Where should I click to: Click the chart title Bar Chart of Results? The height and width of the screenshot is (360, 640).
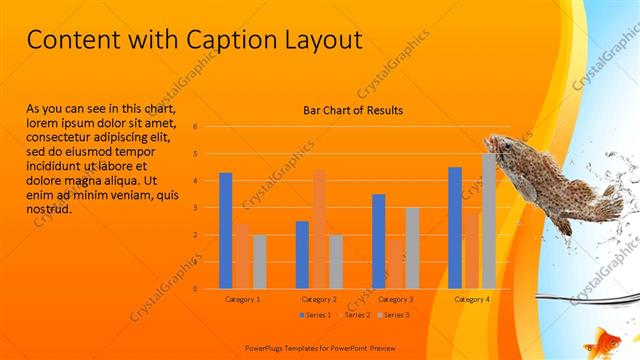[353, 110]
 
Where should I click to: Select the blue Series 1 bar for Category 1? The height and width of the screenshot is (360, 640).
[226, 230]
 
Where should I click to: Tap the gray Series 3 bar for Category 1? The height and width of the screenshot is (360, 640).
[260, 261]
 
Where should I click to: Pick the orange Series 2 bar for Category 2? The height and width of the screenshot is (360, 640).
[319, 228]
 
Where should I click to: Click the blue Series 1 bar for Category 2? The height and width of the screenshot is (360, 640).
[302, 254]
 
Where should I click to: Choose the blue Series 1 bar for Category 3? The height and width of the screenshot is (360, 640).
[378, 241]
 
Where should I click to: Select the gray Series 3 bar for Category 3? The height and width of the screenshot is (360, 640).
[412, 247]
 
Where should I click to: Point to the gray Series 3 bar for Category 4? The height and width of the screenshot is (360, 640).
[489, 220]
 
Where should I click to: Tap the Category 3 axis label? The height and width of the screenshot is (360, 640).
[394, 299]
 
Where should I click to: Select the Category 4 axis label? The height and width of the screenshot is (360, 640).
[471, 299]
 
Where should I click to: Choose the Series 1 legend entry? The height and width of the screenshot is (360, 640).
[318, 315]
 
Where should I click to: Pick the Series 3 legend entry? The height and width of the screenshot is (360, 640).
[394, 315]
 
